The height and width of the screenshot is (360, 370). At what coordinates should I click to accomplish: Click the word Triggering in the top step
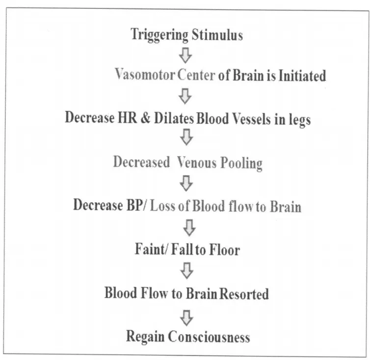pyautogui.click(x=159, y=35)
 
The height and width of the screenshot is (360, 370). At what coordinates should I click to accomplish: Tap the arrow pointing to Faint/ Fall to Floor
pyautogui.click(x=188, y=227)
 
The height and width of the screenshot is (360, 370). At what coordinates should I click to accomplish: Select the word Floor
pyautogui.click(x=223, y=249)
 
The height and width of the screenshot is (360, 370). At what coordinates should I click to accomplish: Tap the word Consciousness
pyautogui.click(x=209, y=337)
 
